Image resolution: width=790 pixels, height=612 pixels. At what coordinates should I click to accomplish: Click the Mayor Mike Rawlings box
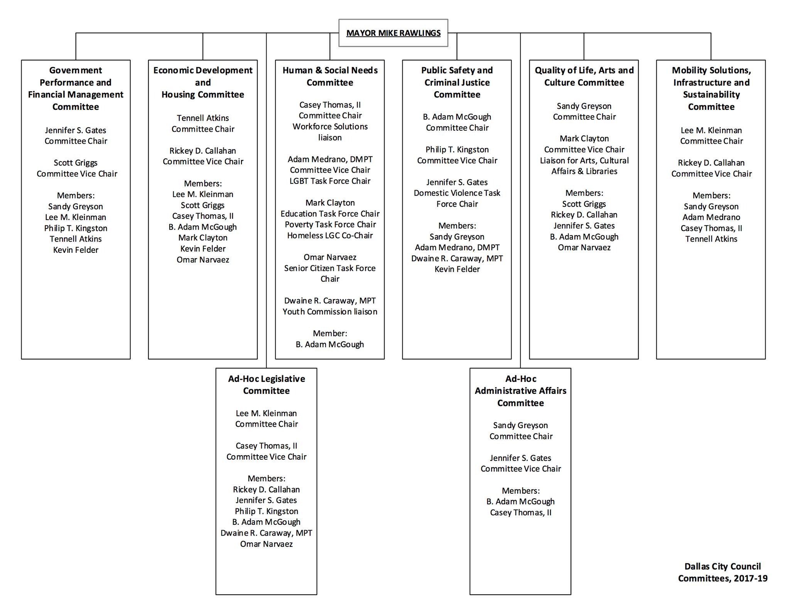tap(393, 33)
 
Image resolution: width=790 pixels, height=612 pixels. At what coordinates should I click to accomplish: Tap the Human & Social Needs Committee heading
tap(330, 76)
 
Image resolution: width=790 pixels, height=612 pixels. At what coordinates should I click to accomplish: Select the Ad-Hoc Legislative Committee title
tap(266, 385)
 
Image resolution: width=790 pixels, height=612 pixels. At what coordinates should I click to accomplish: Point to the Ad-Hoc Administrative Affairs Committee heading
tap(520, 391)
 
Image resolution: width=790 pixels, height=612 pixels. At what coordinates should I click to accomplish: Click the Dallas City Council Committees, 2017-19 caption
tap(722, 572)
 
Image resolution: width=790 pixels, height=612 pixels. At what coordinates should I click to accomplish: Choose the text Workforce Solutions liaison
tap(330, 132)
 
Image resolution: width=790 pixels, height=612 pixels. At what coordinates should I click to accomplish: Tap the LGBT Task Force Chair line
tap(330, 181)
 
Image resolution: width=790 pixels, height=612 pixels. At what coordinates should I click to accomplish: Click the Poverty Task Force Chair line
tap(330, 224)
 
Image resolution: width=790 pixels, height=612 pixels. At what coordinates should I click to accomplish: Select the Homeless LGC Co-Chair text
tap(330, 235)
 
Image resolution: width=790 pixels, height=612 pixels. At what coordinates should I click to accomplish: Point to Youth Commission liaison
tap(330, 311)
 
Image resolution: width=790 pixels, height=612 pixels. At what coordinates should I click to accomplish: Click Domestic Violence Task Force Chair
tap(457, 198)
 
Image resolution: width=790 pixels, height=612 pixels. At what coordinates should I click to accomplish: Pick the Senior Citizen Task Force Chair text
tap(330, 273)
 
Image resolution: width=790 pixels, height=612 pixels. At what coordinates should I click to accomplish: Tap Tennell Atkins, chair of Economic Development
tap(203, 118)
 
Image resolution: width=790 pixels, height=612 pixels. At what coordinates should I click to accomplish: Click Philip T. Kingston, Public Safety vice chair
tap(457, 150)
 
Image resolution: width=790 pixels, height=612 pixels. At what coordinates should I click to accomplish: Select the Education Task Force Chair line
tap(330, 214)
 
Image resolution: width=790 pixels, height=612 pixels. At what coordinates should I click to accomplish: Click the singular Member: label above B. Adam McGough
tap(330, 333)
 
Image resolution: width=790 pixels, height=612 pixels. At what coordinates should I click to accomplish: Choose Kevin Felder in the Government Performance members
tap(76, 250)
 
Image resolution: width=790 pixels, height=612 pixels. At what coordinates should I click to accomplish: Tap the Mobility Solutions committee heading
tap(711, 88)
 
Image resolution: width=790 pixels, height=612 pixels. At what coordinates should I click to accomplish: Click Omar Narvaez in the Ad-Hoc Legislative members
tap(266, 544)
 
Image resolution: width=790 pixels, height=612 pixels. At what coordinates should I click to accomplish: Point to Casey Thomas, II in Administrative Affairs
tap(520, 513)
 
